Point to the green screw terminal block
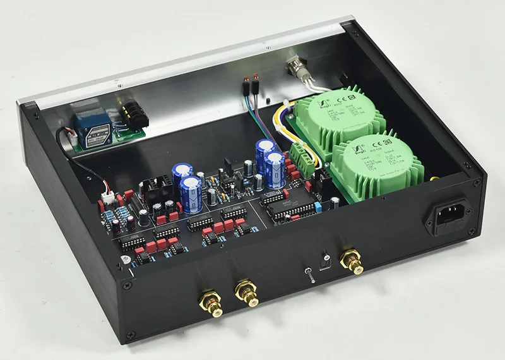click(x=301, y=155)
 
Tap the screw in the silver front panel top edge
click(x=117, y=83)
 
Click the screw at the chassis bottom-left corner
click(x=130, y=334)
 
